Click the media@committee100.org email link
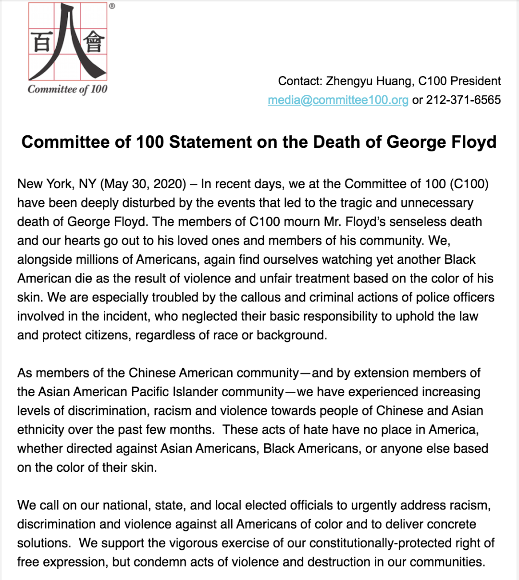(x=338, y=100)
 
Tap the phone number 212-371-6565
(x=463, y=100)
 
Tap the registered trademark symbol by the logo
(x=112, y=6)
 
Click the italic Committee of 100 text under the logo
(x=67, y=89)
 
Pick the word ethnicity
(x=40, y=430)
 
